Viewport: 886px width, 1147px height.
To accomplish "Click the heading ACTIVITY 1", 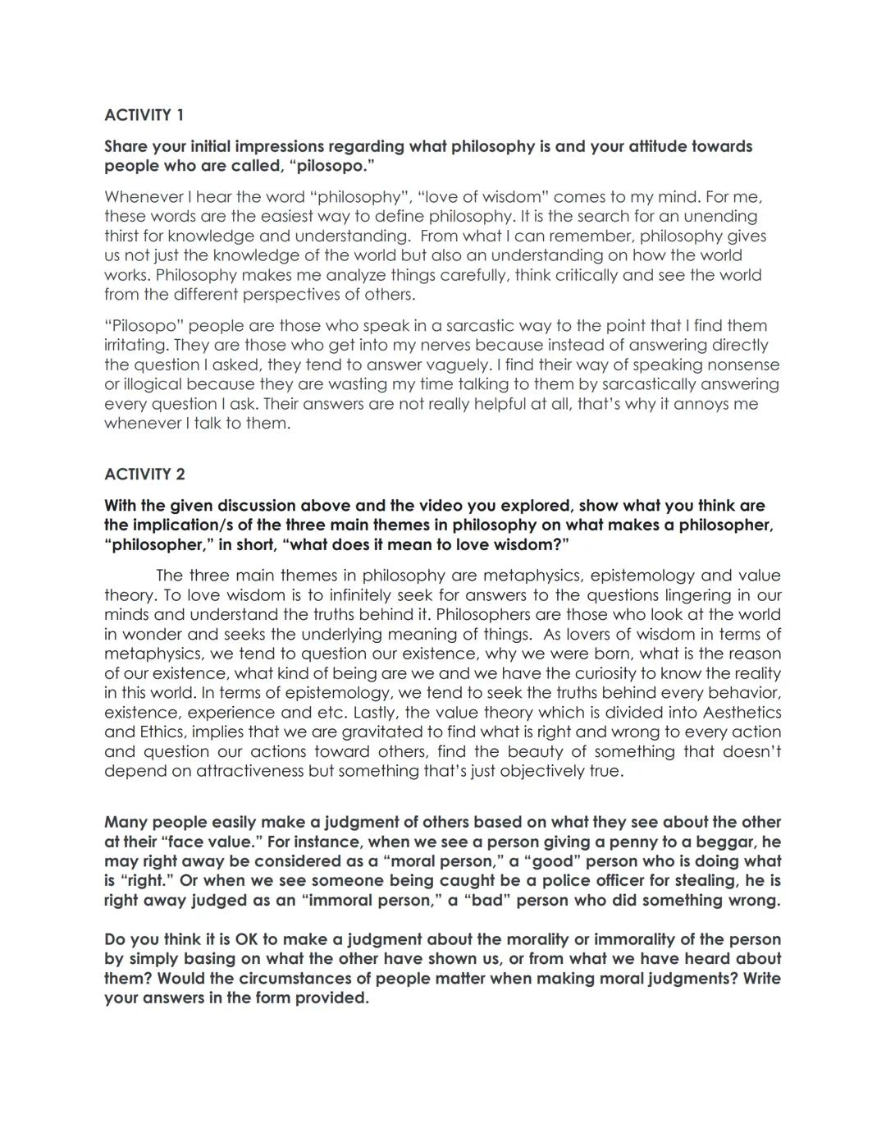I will coord(144,115).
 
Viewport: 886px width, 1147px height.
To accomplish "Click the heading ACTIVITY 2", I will coord(144,474).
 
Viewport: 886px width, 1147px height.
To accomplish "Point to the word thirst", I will coord(124,236).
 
